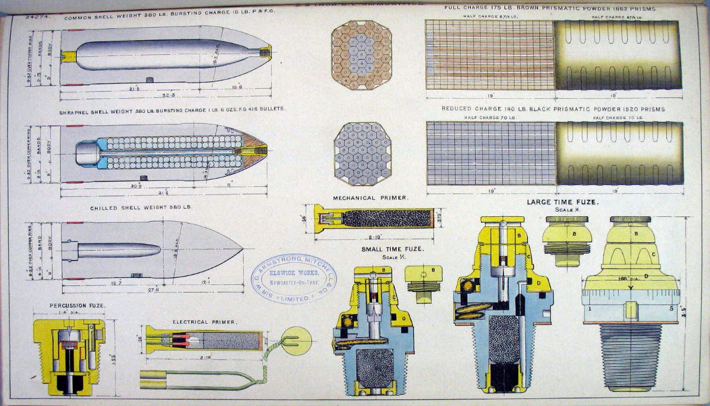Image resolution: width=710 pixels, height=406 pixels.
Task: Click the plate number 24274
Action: (x=36, y=18)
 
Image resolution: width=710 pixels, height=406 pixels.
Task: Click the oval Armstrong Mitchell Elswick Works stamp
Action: (x=293, y=279)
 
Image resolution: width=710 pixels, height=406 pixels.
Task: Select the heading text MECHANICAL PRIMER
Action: (x=362, y=197)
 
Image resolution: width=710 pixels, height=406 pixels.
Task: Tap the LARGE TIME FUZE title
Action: (x=563, y=202)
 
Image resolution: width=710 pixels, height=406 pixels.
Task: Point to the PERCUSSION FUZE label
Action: (x=69, y=305)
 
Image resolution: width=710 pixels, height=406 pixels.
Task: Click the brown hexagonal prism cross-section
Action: (x=362, y=56)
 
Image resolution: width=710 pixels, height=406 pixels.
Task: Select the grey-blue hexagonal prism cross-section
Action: (x=362, y=154)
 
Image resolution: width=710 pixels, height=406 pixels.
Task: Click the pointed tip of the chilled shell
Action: (x=241, y=249)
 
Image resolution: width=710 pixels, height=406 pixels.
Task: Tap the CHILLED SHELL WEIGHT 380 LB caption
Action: (x=141, y=207)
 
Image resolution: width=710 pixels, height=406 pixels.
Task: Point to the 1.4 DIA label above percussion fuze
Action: (x=69, y=314)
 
